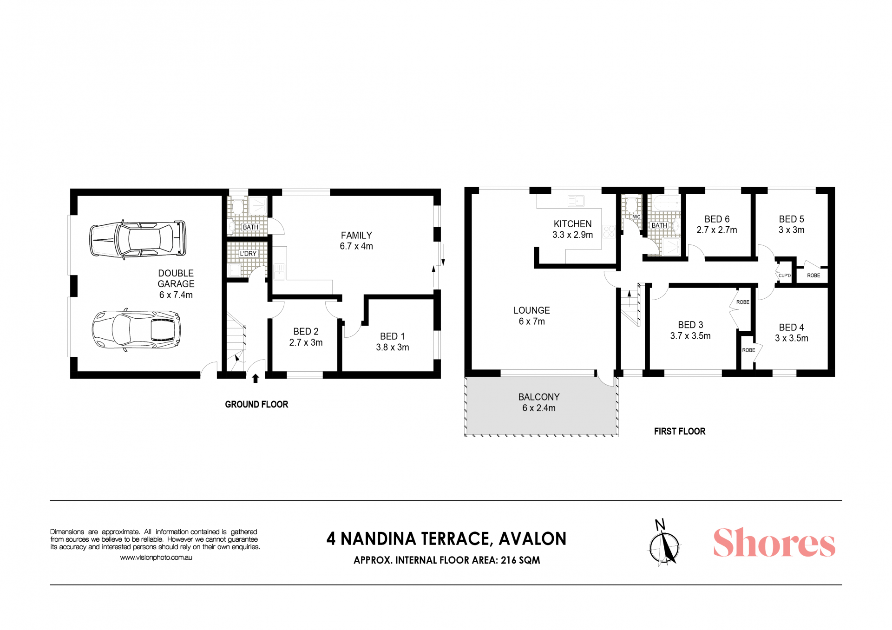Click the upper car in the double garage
[x=138, y=239]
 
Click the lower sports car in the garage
[x=136, y=330]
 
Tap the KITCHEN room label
[x=572, y=224]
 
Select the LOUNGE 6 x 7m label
[x=531, y=316]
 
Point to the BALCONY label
[x=539, y=397]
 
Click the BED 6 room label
[x=717, y=219]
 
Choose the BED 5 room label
[x=792, y=219]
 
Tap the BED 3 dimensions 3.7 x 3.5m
[x=690, y=336]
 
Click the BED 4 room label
[x=792, y=328]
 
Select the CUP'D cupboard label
[x=785, y=276]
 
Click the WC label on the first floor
[x=636, y=217]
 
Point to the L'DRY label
[x=248, y=254]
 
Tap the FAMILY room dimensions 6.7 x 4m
[x=356, y=246]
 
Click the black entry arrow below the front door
[x=255, y=379]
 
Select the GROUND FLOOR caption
[x=256, y=405]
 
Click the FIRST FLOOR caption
[x=680, y=432]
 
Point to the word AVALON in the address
[x=532, y=539]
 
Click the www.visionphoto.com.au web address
[x=156, y=558]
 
